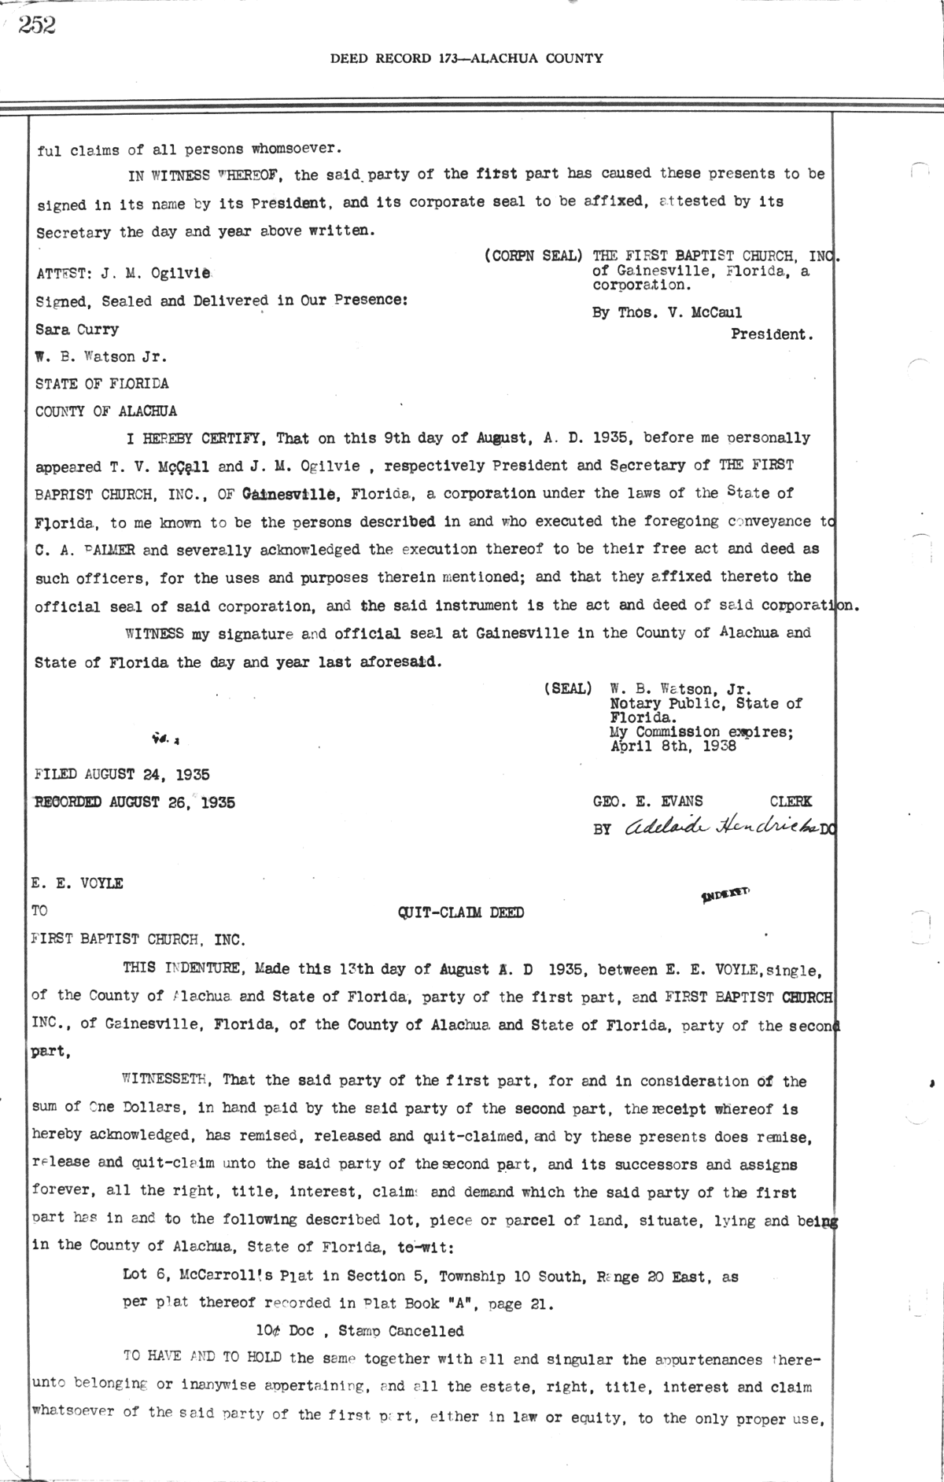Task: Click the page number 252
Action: pyautogui.click(x=37, y=26)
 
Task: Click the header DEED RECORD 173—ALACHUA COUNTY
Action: pyautogui.click(x=466, y=57)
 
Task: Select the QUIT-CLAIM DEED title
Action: pyautogui.click(x=461, y=912)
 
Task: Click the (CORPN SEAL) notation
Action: pyautogui.click(x=533, y=256)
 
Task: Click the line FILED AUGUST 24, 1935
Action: pyautogui.click(x=122, y=775)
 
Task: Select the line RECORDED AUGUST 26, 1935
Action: pyautogui.click(x=135, y=803)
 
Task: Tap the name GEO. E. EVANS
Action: pyautogui.click(x=648, y=802)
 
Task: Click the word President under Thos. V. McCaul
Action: pyautogui.click(x=772, y=334)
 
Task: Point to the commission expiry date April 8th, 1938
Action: pyautogui.click(x=673, y=747)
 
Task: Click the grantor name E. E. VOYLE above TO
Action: pyautogui.click(x=78, y=883)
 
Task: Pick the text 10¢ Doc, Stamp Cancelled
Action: pyautogui.click(x=360, y=1331)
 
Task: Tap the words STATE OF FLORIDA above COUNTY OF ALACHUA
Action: pyautogui.click(x=101, y=384)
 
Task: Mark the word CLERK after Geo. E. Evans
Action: pyautogui.click(x=791, y=802)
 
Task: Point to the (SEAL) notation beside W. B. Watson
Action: pyautogui.click(x=567, y=689)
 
